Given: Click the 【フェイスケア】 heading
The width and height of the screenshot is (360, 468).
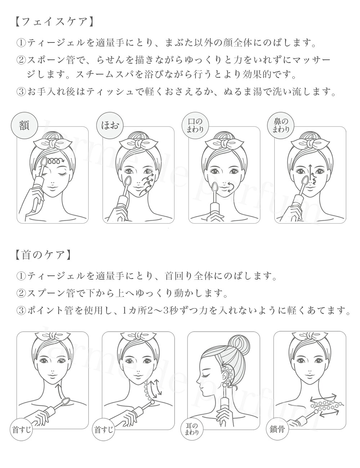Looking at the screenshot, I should pyautogui.click(x=55, y=22).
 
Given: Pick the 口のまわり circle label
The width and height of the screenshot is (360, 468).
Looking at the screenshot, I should pyautogui.click(x=195, y=125).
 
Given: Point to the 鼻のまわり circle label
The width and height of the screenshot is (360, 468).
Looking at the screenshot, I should pyautogui.click(x=281, y=125).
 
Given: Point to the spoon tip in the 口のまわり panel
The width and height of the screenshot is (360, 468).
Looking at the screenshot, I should pyautogui.click(x=215, y=187).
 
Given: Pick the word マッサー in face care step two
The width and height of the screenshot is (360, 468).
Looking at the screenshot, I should pyautogui.click(x=310, y=60).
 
